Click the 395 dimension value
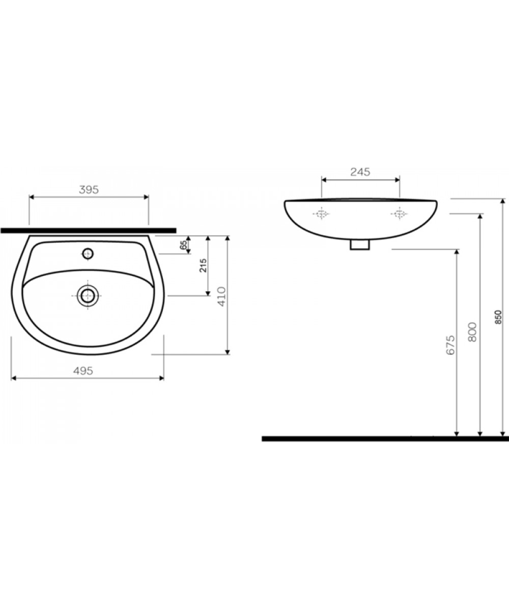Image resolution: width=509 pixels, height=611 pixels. (89, 190)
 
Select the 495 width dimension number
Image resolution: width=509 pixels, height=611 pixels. (83, 371)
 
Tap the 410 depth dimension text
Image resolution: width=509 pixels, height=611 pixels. (222, 296)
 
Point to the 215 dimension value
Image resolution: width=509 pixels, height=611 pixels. (203, 266)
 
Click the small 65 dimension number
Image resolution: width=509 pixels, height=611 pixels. (183, 245)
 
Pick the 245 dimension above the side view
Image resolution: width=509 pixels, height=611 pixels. (360, 172)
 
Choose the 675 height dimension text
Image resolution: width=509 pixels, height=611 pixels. (450, 345)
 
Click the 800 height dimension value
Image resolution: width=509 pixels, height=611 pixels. (472, 332)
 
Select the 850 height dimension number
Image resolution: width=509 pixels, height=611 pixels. (499, 317)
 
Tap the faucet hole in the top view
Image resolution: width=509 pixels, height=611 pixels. (88, 254)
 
